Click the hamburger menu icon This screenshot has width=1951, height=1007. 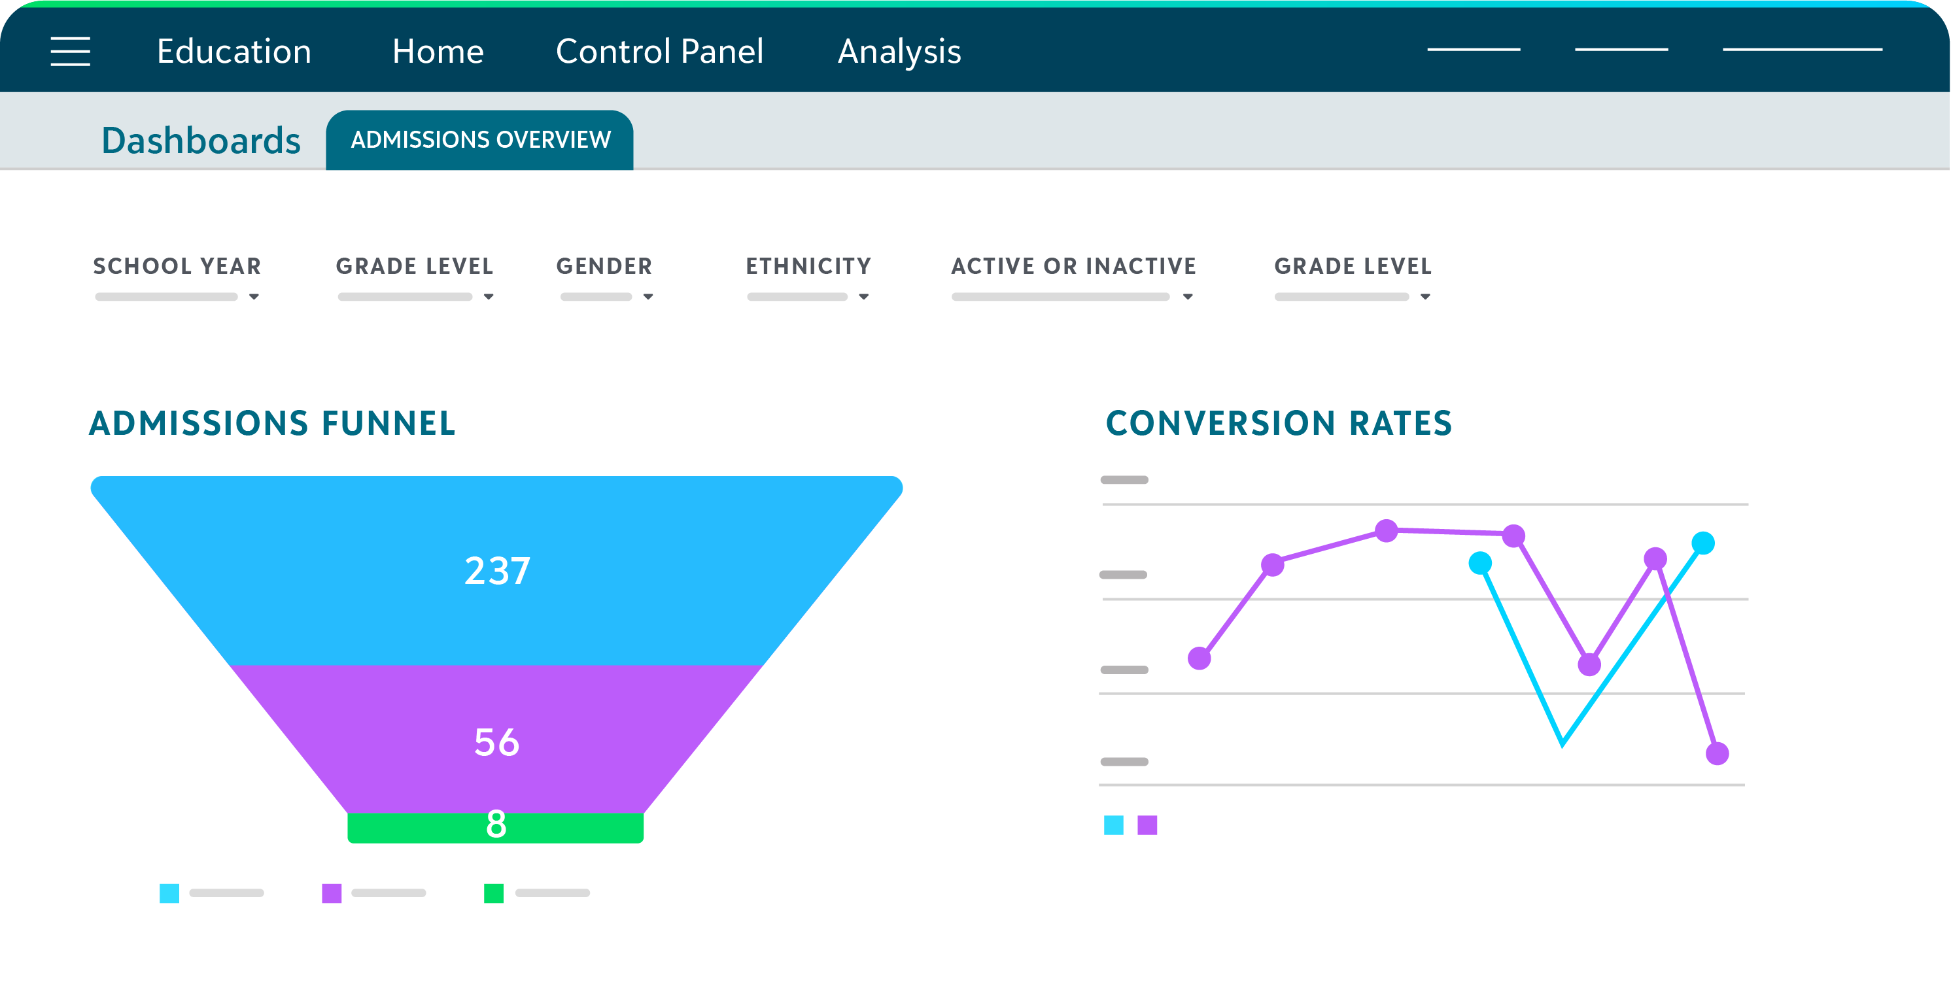tap(71, 52)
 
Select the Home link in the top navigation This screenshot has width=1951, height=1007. tap(438, 52)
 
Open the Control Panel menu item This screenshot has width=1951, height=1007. tap(659, 52)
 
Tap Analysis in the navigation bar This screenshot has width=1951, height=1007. tap(899, 52)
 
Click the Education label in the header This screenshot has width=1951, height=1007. tap(234, 52)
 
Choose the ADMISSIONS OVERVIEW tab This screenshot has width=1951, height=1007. tap(480, 140)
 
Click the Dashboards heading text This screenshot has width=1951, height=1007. tap(201, 141)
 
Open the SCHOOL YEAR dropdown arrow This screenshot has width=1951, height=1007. tap(254, 297)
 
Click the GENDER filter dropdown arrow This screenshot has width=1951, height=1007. tap(648, 297)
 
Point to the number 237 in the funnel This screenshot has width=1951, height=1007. tap(497, 571)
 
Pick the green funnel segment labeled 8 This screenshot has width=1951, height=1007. tap(495, 826)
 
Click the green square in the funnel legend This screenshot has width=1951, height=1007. tap(494, 893)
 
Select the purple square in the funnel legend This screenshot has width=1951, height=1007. tap(332, 893)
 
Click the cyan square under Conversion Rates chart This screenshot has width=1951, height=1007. tap(1113, 825)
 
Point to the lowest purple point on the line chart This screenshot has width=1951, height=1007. tap(1717, 753)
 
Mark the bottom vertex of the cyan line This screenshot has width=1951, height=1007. tap(1562, 744)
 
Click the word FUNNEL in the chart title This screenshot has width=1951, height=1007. tap(388, 423)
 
